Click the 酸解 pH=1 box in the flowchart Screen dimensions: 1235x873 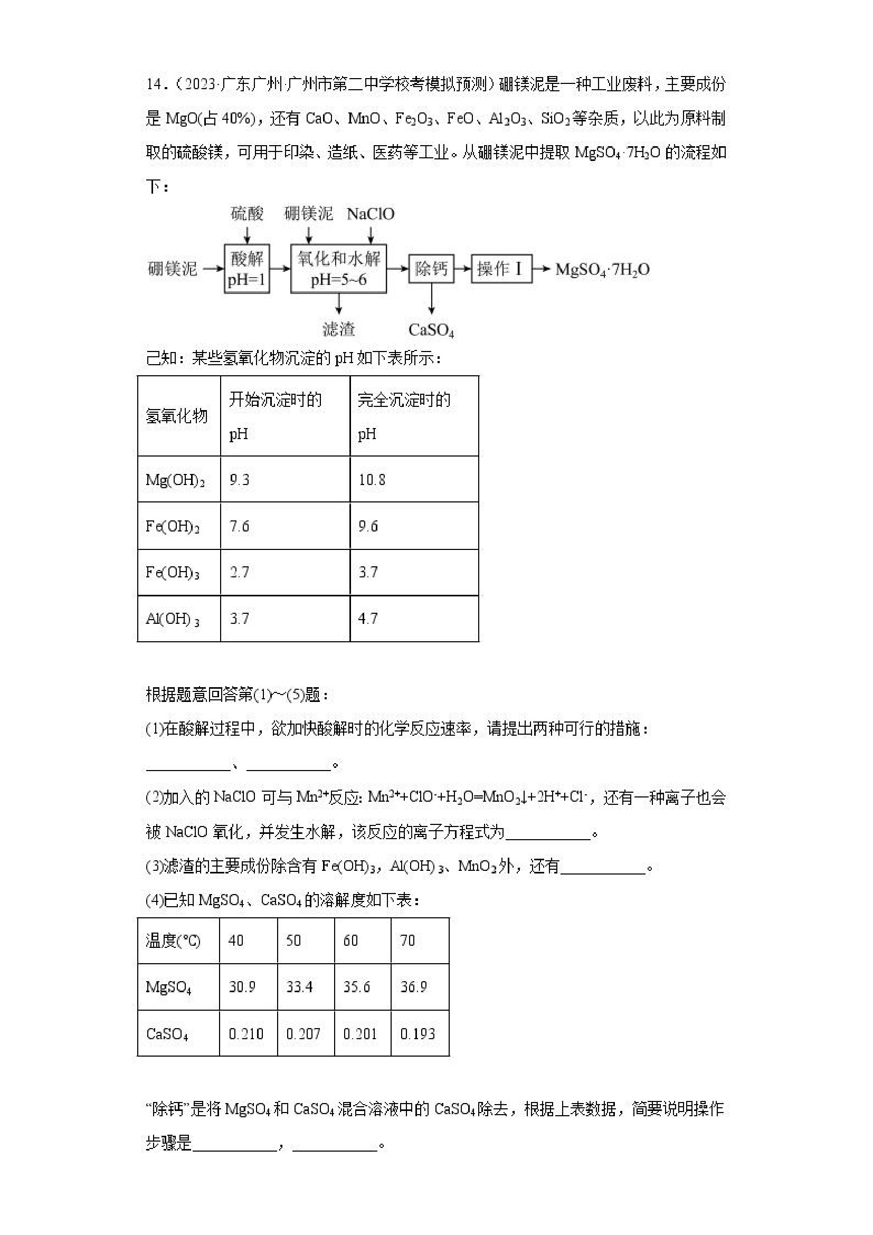pyautogui.click(x=247, y=269)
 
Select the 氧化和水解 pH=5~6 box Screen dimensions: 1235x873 pyautogui.click(x=338, y=269)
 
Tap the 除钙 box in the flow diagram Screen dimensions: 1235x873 pyautogui.click(x=431, y=269)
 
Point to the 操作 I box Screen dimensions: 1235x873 pyautogui.click(x=501, y=269)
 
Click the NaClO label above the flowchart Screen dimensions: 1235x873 pyautogui.click(x=371, y=214)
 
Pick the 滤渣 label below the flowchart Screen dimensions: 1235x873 pyautogui.click(x=339, y=329)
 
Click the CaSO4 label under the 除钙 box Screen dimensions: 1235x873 pyautogui.click(x=431, y=330)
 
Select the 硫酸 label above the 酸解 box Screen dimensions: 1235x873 pyautogui.click(x=247, y=214)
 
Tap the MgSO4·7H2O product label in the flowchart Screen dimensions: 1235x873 pyautogui.click(x=602, y=269)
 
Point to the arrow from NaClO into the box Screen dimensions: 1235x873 pyautogui.click(x=371, y=235)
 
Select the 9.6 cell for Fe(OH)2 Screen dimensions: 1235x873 pyautogui.click(x=368, y=526)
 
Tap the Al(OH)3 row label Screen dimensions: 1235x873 pyautogui.click(x=173, y=619)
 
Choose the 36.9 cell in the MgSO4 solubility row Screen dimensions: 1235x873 pyautogui.click(x=414, y=986)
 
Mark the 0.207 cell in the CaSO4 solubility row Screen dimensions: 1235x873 pyautogui.click(x=303, y=1033)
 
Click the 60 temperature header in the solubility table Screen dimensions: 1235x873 pyautogui.click(x=350, y=940)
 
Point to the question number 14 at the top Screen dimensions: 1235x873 pyautogui.click(x=154, y=84)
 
